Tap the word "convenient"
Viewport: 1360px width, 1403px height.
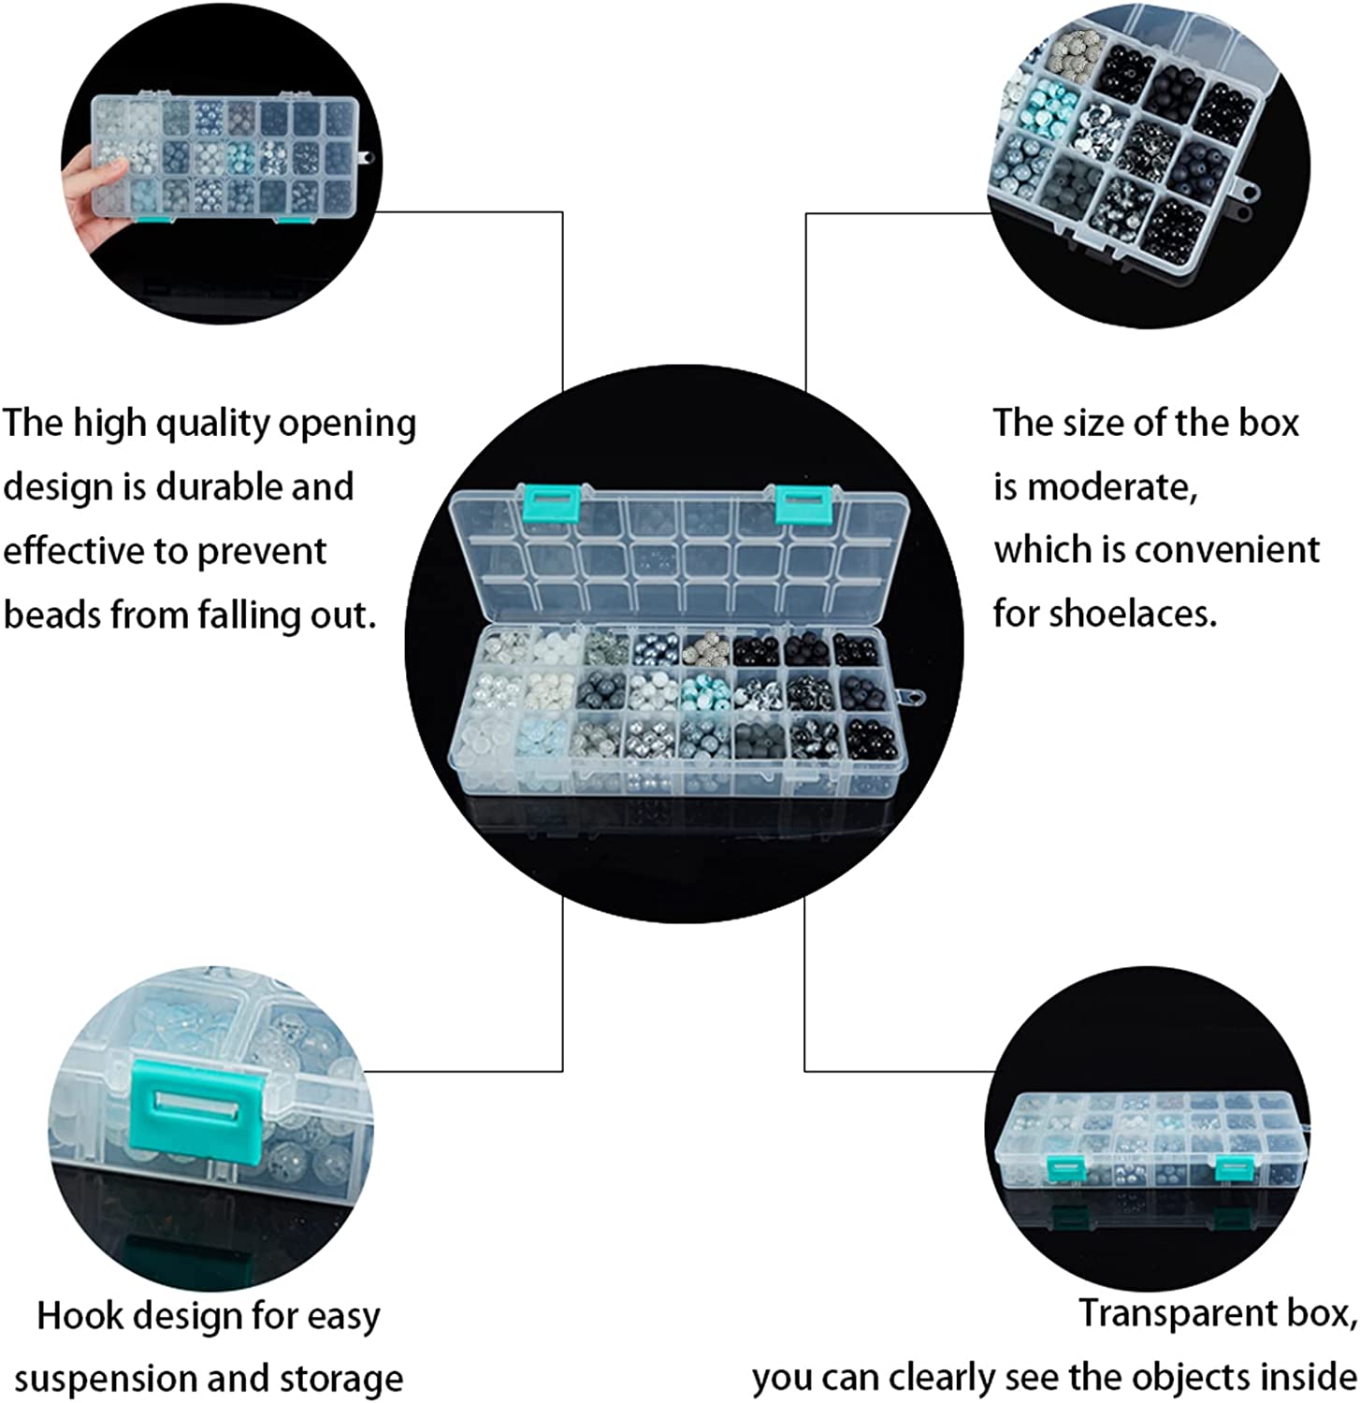click(1227, 550)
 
